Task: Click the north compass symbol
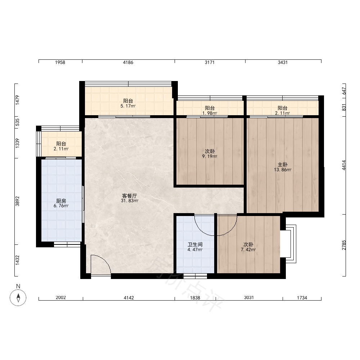point(18,298)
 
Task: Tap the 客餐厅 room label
point(130,196)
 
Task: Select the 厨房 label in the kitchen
point(61,201)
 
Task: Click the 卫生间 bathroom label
point(195,244)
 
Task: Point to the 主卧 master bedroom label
point(282,165)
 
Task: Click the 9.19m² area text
point(210,157)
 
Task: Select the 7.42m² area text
point(248,250)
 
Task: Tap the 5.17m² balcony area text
point(128,106)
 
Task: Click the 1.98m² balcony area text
point(210,113)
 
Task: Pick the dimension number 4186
point(128,62)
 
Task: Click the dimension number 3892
point(17,201)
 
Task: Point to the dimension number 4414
point(344,165)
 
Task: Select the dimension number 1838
point(195,298)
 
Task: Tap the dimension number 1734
point(302,298)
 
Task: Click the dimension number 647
point(344,91)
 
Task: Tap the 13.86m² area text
point(282,170)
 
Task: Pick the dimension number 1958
point(60,62)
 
